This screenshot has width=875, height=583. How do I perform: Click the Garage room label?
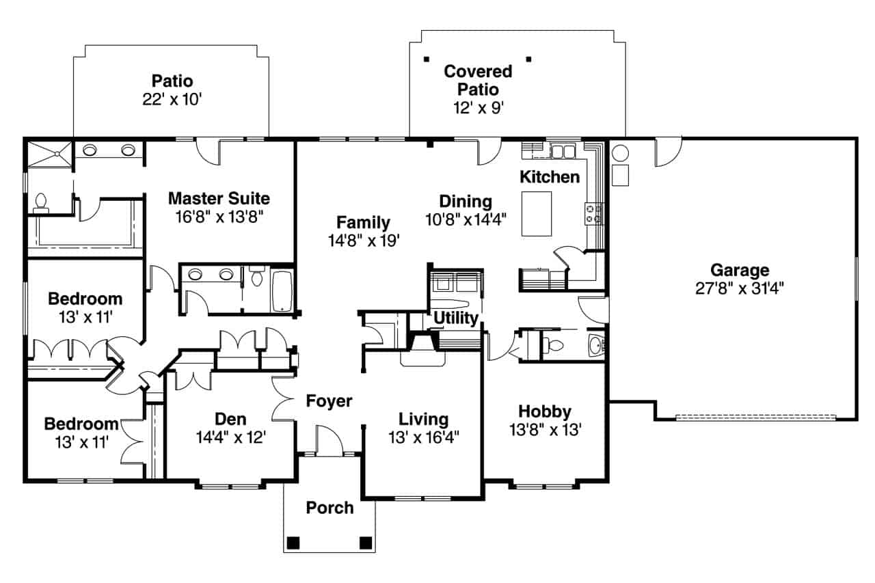click(x=739, y=270)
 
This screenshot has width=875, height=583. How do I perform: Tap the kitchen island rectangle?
click(x=537, y=213)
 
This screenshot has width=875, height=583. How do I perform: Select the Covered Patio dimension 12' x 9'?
click(x=478, y=107)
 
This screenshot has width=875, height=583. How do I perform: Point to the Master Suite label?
click(x=219, y=199)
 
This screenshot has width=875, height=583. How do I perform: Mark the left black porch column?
click(x=293, y=543)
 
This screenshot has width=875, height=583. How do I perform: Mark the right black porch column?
click(x=366, y=543)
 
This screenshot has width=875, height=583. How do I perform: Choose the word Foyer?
click(x=329, y=401)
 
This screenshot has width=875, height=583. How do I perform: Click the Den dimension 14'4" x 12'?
click(x=230, y=437)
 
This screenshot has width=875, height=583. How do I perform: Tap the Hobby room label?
click(x=544, y=411)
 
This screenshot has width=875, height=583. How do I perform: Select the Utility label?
click(x=455, y=318)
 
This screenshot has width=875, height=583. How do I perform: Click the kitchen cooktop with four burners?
click(x=593, y=213)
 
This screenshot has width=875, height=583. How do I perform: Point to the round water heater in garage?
click(x=619, y=152)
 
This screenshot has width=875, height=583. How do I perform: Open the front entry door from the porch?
click(x=329, y=441)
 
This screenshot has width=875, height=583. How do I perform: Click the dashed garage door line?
click(x=755, y=417)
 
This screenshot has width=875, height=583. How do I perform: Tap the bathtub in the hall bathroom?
click(x=282, y=290)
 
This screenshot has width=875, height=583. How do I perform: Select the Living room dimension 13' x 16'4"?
click(x=424, y=437)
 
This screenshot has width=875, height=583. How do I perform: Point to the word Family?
click(x=363, y=223)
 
